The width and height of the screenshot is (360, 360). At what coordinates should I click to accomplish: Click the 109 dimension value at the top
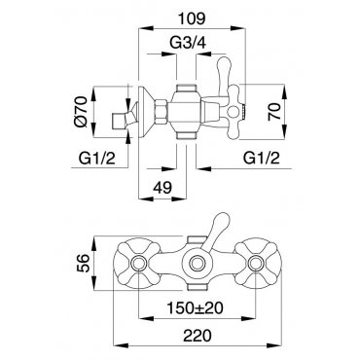(192, 18)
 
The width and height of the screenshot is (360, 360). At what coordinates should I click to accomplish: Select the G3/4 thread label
(188, 43)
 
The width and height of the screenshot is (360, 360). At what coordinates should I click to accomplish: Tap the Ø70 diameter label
(81, 112)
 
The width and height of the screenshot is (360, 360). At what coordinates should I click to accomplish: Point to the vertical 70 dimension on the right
(274, 112)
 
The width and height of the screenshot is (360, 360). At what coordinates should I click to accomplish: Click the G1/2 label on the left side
(97, 159)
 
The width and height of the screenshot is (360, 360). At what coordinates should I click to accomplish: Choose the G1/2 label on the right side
(262, 159)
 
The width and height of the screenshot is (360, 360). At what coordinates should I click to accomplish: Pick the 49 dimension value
(162, 187)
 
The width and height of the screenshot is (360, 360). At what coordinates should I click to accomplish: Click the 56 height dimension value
(83, 264)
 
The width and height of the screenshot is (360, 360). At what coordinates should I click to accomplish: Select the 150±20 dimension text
(195, 308)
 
